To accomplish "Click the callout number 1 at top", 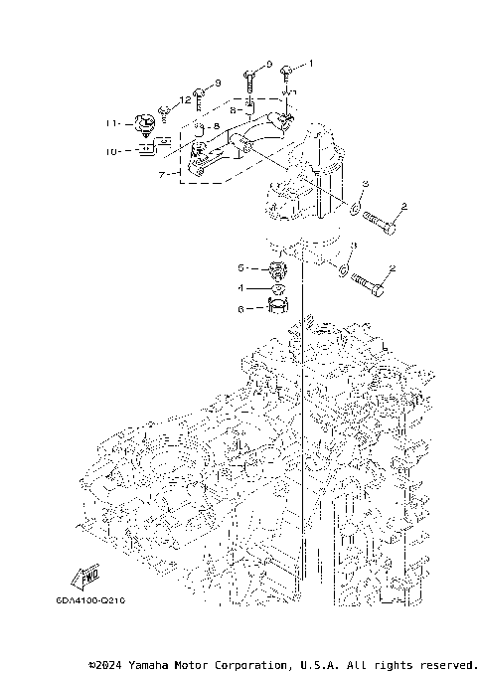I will click(309, 63).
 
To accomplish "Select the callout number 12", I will click(185, 100).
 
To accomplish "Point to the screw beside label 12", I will click(165, 111).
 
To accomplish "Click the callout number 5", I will click(239, 268).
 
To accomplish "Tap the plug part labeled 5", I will click(276, 270).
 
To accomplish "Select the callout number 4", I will click(239, 288).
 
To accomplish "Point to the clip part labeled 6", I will click(277, 307).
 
